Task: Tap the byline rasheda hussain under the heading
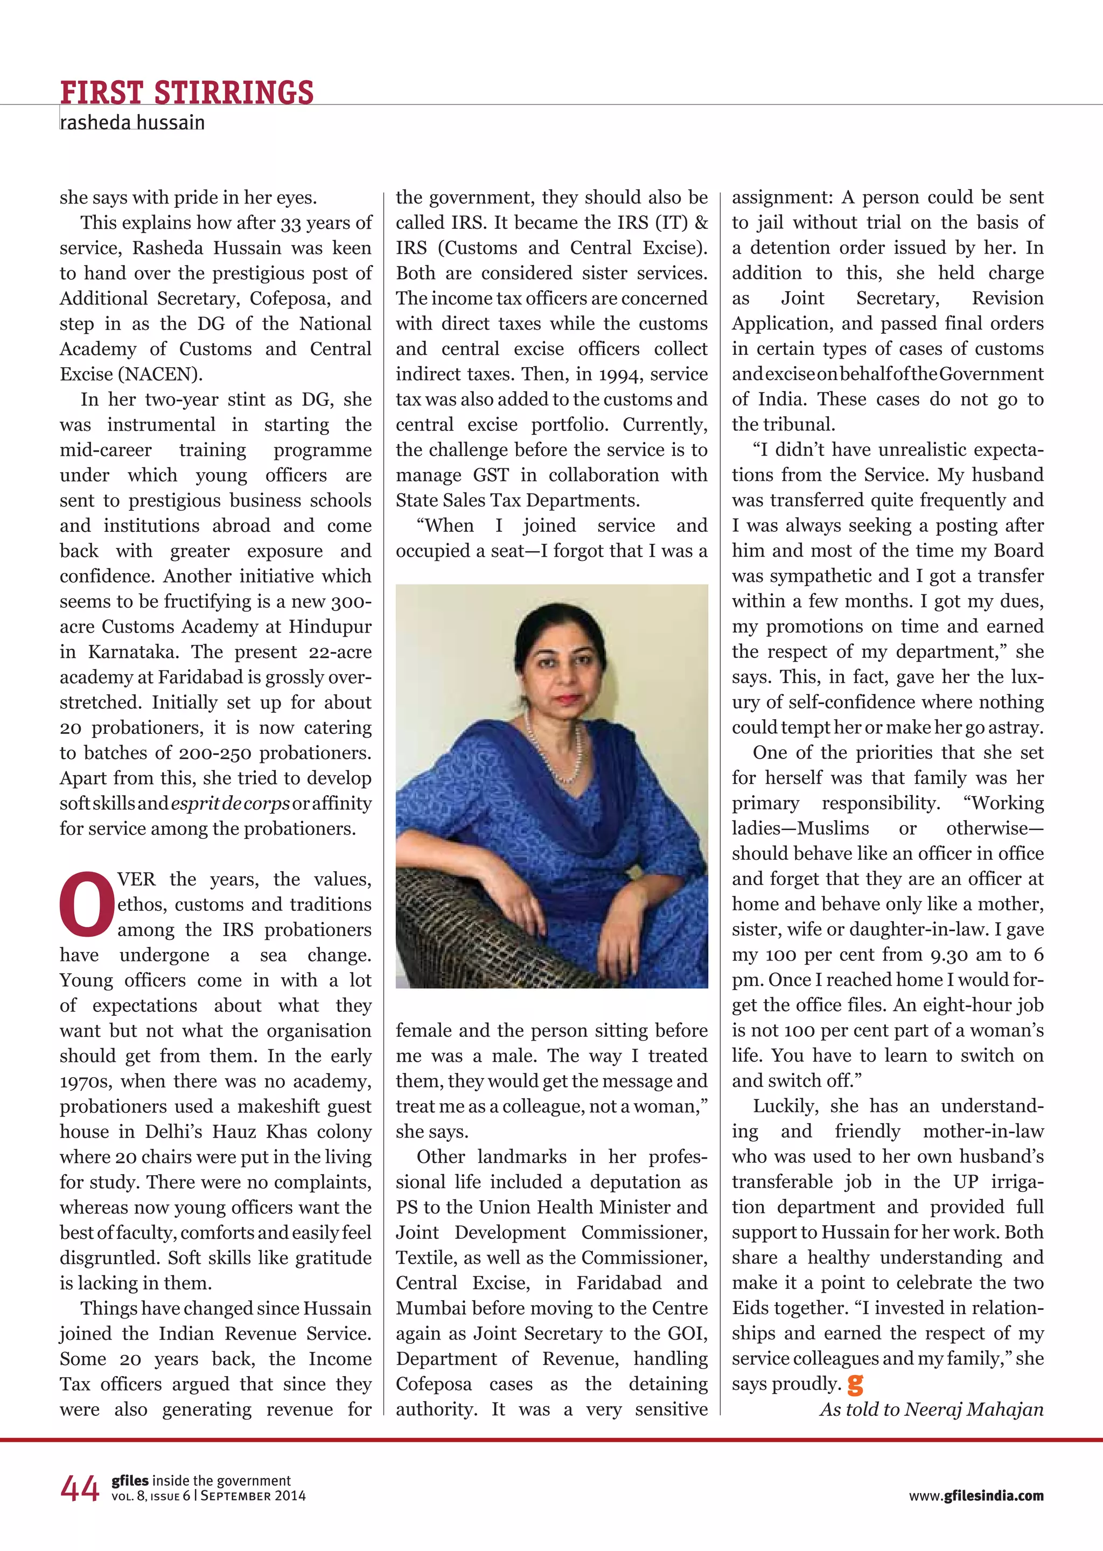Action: coord(132,123)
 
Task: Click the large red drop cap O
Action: coord(86,903)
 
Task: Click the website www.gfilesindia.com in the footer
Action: coord(976,1496)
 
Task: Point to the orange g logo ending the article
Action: coord(855,1384)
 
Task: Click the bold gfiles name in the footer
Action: coord(130,1480)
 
